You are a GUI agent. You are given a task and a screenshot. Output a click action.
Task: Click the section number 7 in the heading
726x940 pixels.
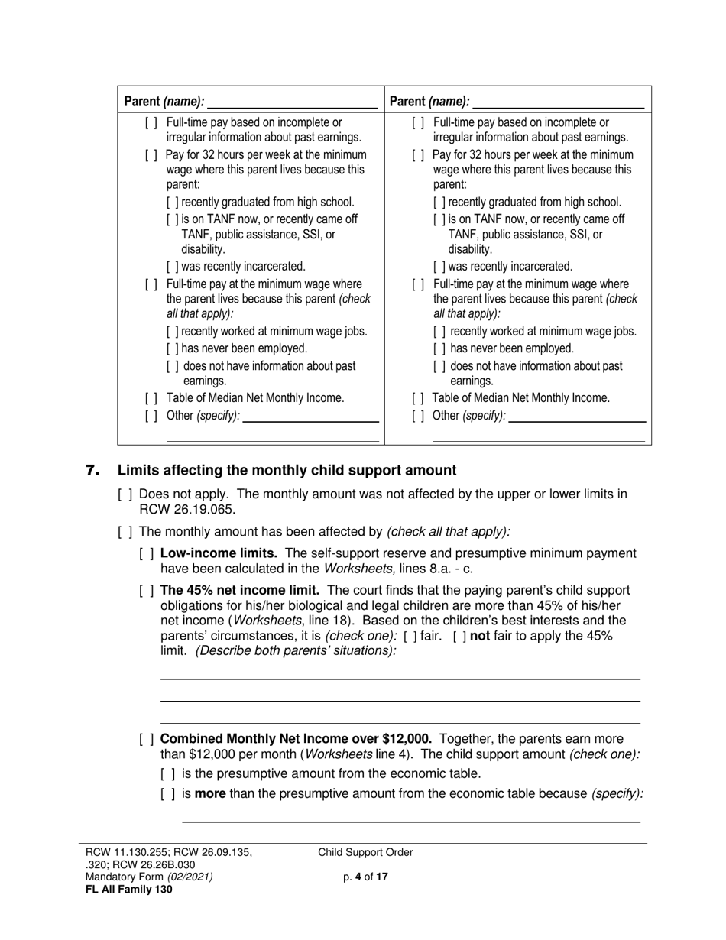pos(92,471)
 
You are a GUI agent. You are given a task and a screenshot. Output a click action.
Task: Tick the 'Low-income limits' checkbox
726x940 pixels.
pos(147,553)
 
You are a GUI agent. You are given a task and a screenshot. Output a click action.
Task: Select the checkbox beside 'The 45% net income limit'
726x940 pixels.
pos(147,591)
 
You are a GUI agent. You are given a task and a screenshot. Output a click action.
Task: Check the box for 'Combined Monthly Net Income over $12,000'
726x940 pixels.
pos(147,739)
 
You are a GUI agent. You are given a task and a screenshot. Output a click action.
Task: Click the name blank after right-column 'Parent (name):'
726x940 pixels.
pos(559,102)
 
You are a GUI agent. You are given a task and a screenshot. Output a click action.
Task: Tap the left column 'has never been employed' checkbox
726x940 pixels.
pos(173,348)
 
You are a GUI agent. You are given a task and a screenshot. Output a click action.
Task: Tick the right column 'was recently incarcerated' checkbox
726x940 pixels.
pos(439,267)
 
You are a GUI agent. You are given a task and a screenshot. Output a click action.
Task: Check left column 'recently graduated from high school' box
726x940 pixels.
pos(173,203)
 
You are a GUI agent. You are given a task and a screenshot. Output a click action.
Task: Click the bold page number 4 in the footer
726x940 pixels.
pos(358,877)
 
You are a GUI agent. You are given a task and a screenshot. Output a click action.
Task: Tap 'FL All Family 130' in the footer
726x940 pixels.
pos(129,890)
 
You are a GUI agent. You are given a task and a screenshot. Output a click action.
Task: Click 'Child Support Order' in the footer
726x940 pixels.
pos(365,853)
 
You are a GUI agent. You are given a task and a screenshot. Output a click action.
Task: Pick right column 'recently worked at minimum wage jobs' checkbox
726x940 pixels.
pos(439,332)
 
